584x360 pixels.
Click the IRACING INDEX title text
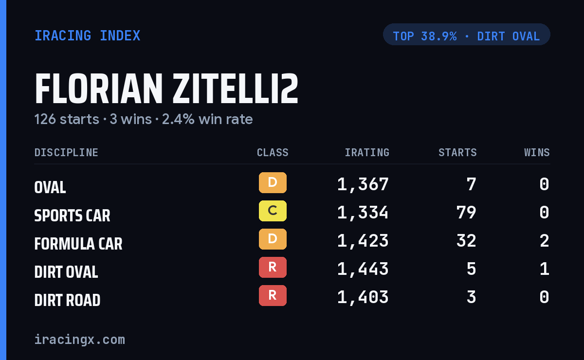tap(87, 36)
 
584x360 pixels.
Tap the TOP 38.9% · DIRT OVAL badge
tap(466, 35)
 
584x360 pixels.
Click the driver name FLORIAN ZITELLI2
tap(166, 89)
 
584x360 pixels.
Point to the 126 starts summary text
tap(67, 119)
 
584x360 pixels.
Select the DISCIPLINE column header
tap(66, 152)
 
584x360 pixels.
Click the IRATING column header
tap(367, 152)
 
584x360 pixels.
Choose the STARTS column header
tap(457, 152)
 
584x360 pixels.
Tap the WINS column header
tap(537, 152)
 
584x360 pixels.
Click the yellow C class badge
tap(273, 211)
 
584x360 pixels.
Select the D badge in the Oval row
tap(273, 183)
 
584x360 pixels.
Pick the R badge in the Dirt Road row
tap(273, 296)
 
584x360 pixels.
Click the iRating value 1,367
tap(363, 184)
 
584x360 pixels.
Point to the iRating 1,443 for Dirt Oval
tap(363, 269)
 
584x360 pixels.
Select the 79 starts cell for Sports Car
tap(466, 213)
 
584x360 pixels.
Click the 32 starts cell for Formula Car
tap(466, 241)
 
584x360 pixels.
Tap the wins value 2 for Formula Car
tap(545, 241)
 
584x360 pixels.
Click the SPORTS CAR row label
tap(72, 216)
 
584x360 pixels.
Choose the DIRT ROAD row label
tap(67, 300)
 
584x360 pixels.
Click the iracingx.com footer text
tap(80, 340)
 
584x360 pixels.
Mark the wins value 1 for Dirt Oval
tap(545, 269)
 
